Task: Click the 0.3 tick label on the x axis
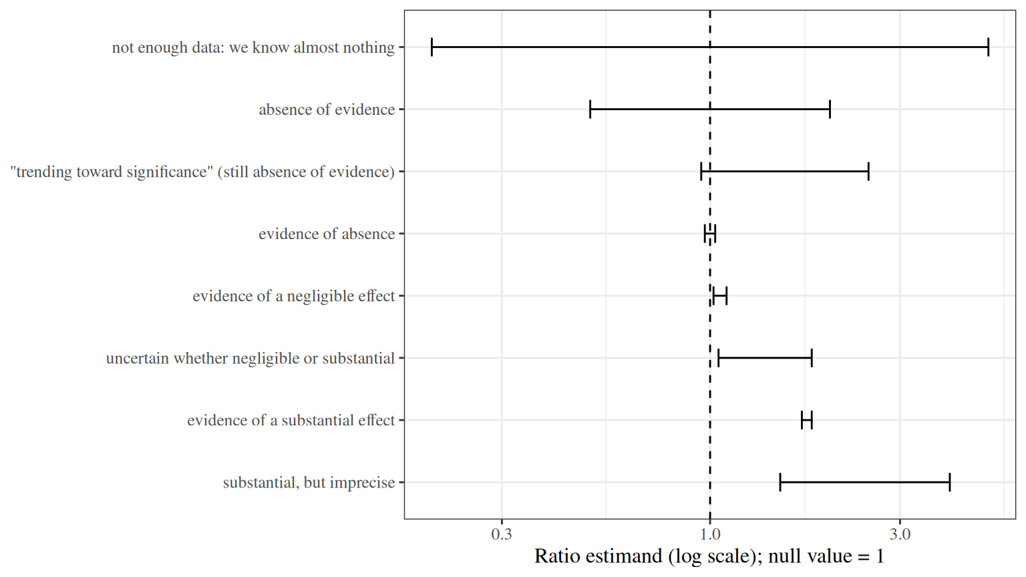502,534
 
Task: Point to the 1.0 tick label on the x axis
710,534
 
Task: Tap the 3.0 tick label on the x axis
900,534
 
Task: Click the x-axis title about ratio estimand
709,556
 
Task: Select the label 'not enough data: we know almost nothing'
253,47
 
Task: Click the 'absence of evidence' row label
327,110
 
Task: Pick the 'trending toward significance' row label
202,172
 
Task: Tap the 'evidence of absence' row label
327,234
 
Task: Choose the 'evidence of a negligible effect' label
294,296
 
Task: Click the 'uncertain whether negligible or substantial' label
250,358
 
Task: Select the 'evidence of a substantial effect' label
291,420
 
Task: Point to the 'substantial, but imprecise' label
309,483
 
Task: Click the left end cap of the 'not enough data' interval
432,47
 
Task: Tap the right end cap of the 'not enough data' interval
989,47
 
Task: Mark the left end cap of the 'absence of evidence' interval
590,110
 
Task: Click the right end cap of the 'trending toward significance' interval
868,172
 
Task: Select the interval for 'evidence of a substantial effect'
807,420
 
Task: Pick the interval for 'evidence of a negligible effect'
720,296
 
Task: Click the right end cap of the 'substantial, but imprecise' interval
949,482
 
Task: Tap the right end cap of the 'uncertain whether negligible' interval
812,358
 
